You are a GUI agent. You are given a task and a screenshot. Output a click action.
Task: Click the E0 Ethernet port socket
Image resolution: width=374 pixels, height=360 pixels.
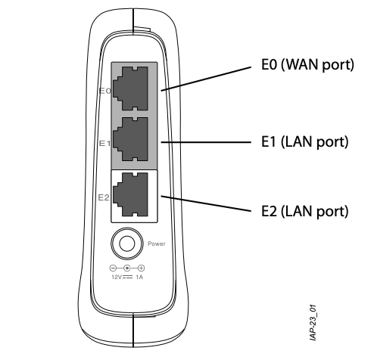[x=130, y=88]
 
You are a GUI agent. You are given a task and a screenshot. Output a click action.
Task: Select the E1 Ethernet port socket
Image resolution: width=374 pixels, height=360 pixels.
[x=130, y=139]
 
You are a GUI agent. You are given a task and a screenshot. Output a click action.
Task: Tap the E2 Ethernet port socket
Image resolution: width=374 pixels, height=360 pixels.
[x=130, y=194]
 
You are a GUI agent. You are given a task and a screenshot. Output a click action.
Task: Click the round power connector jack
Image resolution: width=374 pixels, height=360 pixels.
[x=126, y=244]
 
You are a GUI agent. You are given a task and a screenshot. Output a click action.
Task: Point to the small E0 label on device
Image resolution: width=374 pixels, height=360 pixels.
[x=105, y=91]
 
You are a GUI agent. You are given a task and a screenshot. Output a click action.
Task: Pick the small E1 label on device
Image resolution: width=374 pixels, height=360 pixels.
[x=104, y=144]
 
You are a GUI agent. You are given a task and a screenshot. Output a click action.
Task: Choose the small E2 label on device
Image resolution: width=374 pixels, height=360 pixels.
[x=104, y=197]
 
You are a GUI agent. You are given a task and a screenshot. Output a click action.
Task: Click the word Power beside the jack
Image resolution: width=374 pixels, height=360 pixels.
[x=157, y=244]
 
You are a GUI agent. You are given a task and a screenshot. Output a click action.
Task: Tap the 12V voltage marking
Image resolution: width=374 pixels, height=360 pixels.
[x=117, y=277]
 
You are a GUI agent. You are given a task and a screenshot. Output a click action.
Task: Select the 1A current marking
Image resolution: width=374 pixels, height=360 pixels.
[x=139, y=277]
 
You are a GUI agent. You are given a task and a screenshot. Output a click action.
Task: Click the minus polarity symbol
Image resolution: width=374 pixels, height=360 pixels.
[x=113, y=268]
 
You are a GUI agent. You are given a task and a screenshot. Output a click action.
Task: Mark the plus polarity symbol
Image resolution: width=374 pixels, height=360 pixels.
[x=142, y=268]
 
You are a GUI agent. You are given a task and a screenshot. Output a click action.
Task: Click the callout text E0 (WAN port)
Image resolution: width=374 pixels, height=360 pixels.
[x=307, y=65]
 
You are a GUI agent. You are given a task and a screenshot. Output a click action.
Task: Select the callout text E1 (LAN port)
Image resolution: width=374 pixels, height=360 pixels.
[x=305, y=142]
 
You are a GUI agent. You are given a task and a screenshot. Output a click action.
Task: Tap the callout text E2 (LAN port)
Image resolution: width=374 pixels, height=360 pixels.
[x=305, y=211]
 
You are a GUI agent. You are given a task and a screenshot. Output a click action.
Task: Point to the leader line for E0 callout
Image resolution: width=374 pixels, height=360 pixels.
[x=206, y=79]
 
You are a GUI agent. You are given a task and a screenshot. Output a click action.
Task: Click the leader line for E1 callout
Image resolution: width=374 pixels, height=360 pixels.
[x=206, y=142]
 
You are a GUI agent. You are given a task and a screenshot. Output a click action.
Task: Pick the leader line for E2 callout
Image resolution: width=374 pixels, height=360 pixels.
[x=206, y=203]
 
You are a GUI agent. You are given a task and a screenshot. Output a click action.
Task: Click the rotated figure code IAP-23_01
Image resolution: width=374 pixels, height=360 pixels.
[x=313, y=323]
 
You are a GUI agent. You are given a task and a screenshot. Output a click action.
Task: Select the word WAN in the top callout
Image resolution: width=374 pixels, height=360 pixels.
[x=302, y=64]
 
